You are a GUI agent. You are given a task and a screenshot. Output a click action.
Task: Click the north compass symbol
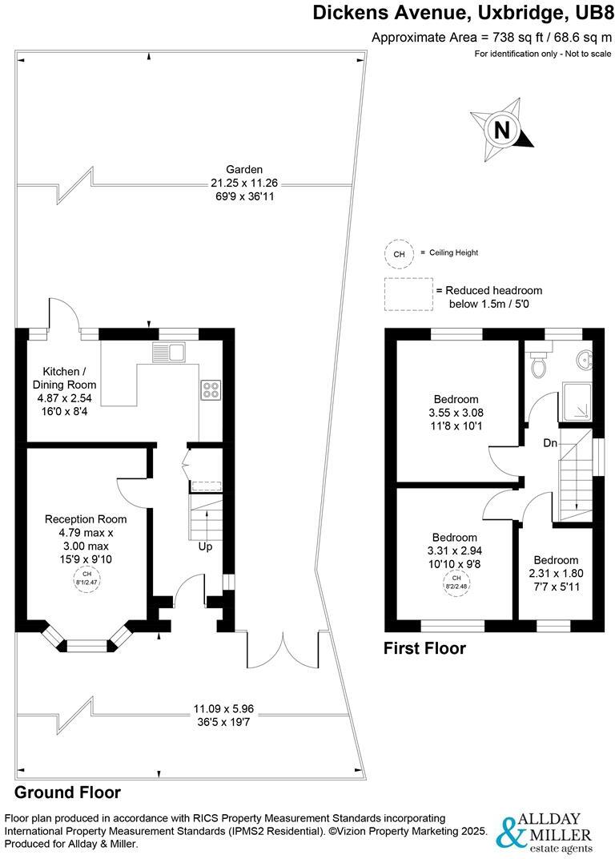coord(501,129)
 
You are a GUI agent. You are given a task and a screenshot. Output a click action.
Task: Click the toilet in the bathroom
coord(540,365)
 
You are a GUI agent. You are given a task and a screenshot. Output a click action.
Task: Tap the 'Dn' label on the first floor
coord(550,442)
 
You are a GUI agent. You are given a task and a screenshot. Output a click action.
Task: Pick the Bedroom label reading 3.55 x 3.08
coord(456,399)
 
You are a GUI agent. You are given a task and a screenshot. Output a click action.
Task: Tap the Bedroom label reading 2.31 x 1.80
coord(556,560)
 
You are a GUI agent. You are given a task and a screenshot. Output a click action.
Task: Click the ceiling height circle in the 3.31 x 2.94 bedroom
coord(456,582)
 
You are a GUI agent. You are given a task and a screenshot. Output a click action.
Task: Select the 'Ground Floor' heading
coord(68,792)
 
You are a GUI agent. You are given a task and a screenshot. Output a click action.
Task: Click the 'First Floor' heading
coord(424,648)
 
